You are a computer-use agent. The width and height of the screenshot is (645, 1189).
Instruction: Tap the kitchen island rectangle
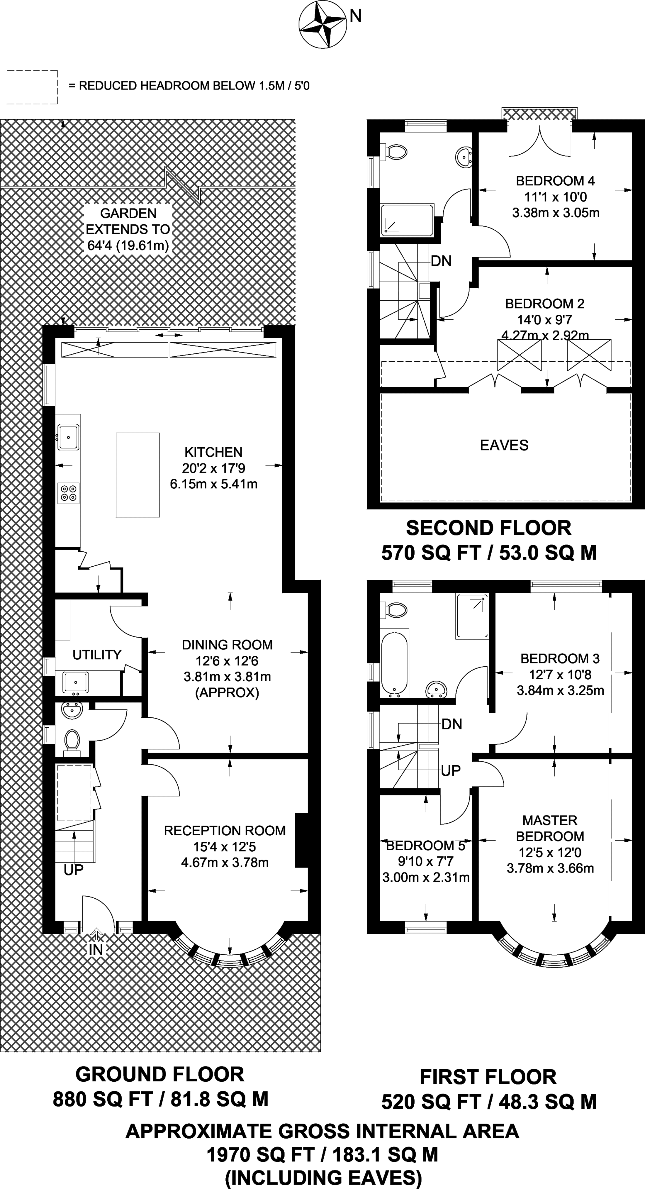coord(138,475)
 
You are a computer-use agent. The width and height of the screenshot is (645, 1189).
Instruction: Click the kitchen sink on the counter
coord(68,437)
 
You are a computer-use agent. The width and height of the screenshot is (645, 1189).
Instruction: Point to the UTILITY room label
coord(97,655)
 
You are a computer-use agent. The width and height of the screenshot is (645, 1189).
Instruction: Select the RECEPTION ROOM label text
coord(225,831)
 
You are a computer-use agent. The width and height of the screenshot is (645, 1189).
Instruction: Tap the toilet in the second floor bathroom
coord(394,152)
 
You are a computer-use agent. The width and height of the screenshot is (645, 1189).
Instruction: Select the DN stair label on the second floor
coord(441,261)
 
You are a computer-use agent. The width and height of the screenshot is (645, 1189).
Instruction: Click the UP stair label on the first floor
coord(450,770)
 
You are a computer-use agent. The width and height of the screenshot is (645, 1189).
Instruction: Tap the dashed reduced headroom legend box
coord(32,87)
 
